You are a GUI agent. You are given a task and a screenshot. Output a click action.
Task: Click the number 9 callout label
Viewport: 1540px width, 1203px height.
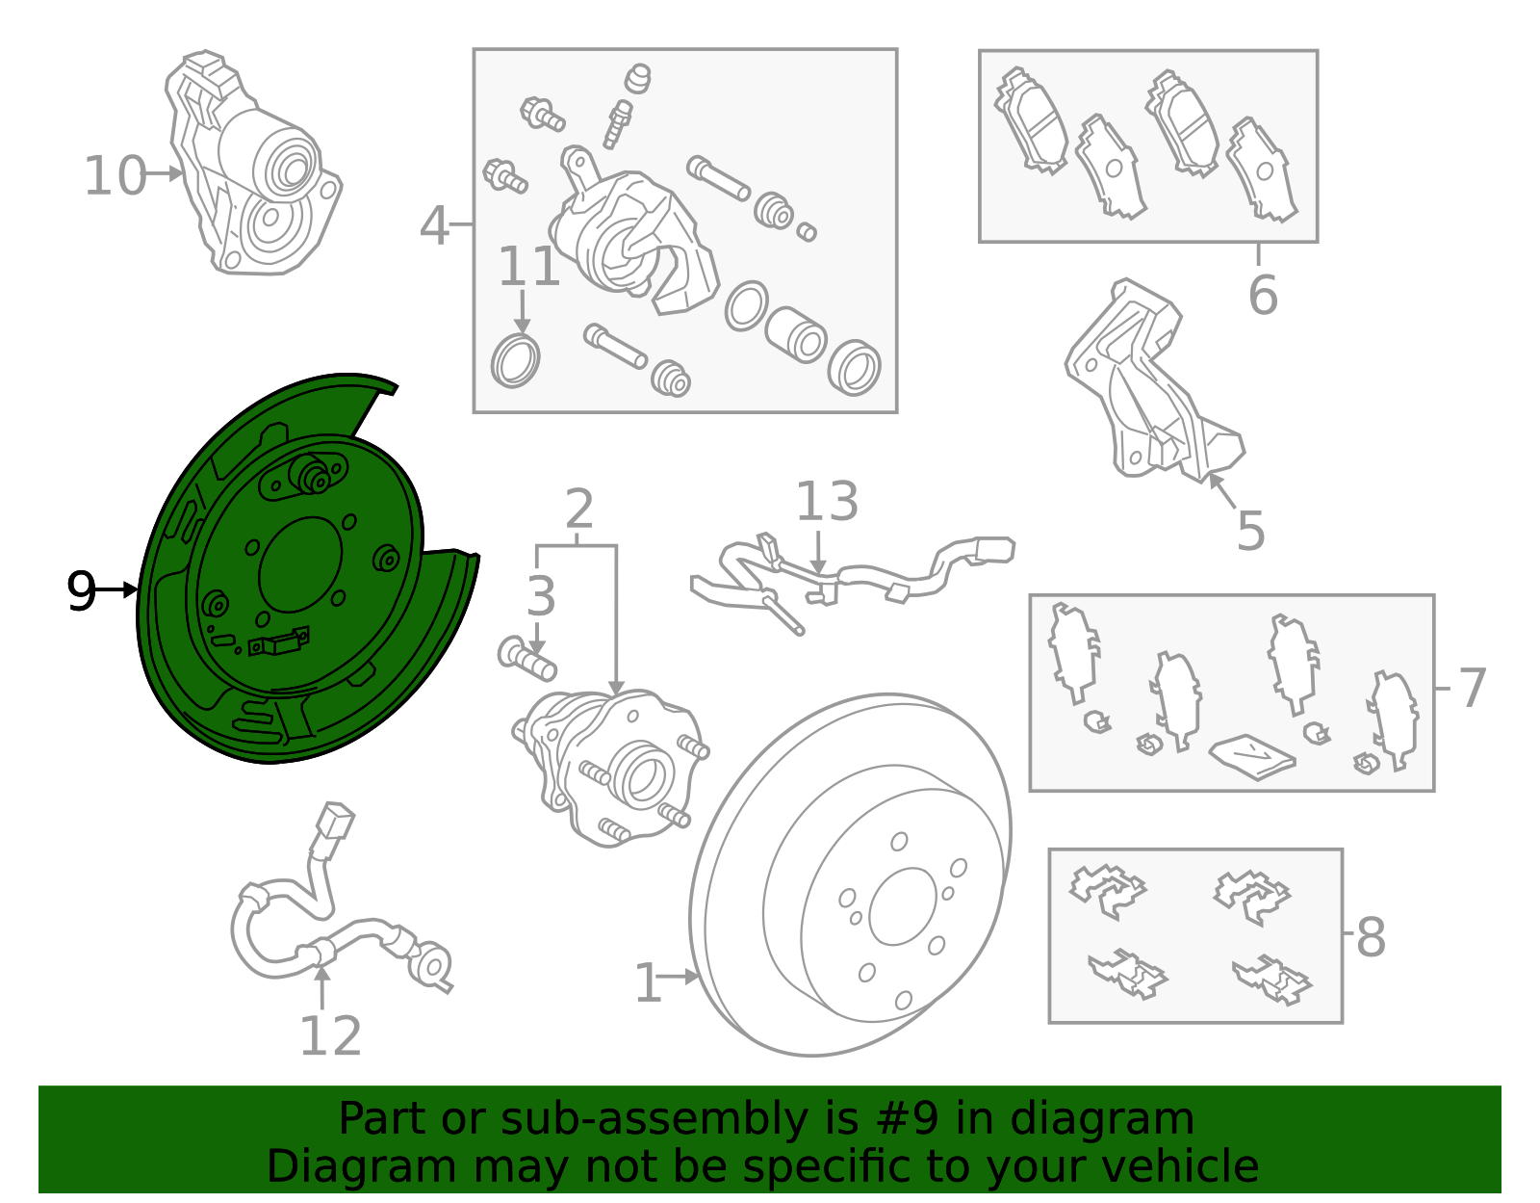pyautogui.click(x=81, y=591)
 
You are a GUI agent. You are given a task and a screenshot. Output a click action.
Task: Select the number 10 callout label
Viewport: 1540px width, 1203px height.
pyautogui.click(x=115, y=175)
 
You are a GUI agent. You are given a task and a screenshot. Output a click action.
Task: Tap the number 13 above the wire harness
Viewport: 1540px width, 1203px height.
pyautogui.click(x=827, y=501)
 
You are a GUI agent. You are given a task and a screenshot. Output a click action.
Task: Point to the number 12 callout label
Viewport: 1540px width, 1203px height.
pyautogui.click(x=330, y=1035)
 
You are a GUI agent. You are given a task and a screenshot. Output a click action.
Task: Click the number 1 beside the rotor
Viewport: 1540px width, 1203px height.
pyautogui.click(x=648, y=983)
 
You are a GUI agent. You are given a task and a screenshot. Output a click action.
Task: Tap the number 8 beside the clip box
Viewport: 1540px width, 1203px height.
pyautogui.click(x=1371, y=937)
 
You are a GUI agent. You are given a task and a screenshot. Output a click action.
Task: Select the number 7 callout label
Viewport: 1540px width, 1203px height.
pyautogui.click(x=1473, y=688)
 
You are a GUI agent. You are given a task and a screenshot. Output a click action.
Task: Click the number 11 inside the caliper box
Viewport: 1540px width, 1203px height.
pyautogui.click(x=528, y=267)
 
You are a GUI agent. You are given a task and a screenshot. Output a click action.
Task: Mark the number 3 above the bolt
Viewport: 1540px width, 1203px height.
pyautogui.click(x=542, y=596)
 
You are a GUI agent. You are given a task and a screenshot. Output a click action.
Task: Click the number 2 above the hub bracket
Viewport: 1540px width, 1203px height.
pyautogui.click(x=579, y=509)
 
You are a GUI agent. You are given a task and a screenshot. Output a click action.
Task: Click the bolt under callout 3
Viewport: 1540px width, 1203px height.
pyautogui.click(x=527, y=660)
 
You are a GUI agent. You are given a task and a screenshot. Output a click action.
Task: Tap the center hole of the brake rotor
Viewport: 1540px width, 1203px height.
pyautogui.click(x=902, y=906)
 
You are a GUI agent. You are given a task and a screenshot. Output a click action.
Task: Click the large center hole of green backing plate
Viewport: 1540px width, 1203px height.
pyautogui.click(x=300, y=564)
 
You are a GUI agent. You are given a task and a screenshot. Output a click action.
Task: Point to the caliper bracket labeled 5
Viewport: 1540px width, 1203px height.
pyautogui.click(x=1154, y=381)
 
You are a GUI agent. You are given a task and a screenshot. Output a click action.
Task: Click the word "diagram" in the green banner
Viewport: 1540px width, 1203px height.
pyautogui.click(x=1102, y=1118)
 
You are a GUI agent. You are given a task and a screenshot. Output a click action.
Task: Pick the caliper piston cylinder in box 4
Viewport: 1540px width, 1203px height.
pyautogui.click(x=795, y=334)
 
